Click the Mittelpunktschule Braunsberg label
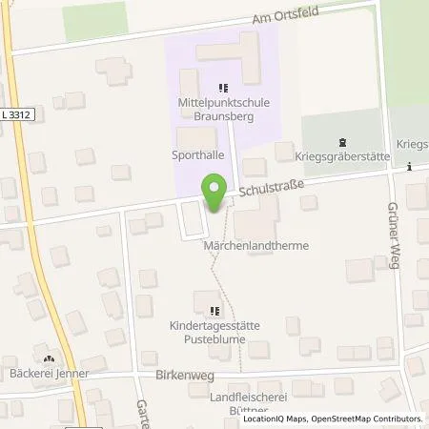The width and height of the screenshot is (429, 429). pos(222,102)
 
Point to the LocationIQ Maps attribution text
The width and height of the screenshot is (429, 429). pos(277,419)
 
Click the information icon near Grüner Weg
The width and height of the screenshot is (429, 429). pos(409,166)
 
